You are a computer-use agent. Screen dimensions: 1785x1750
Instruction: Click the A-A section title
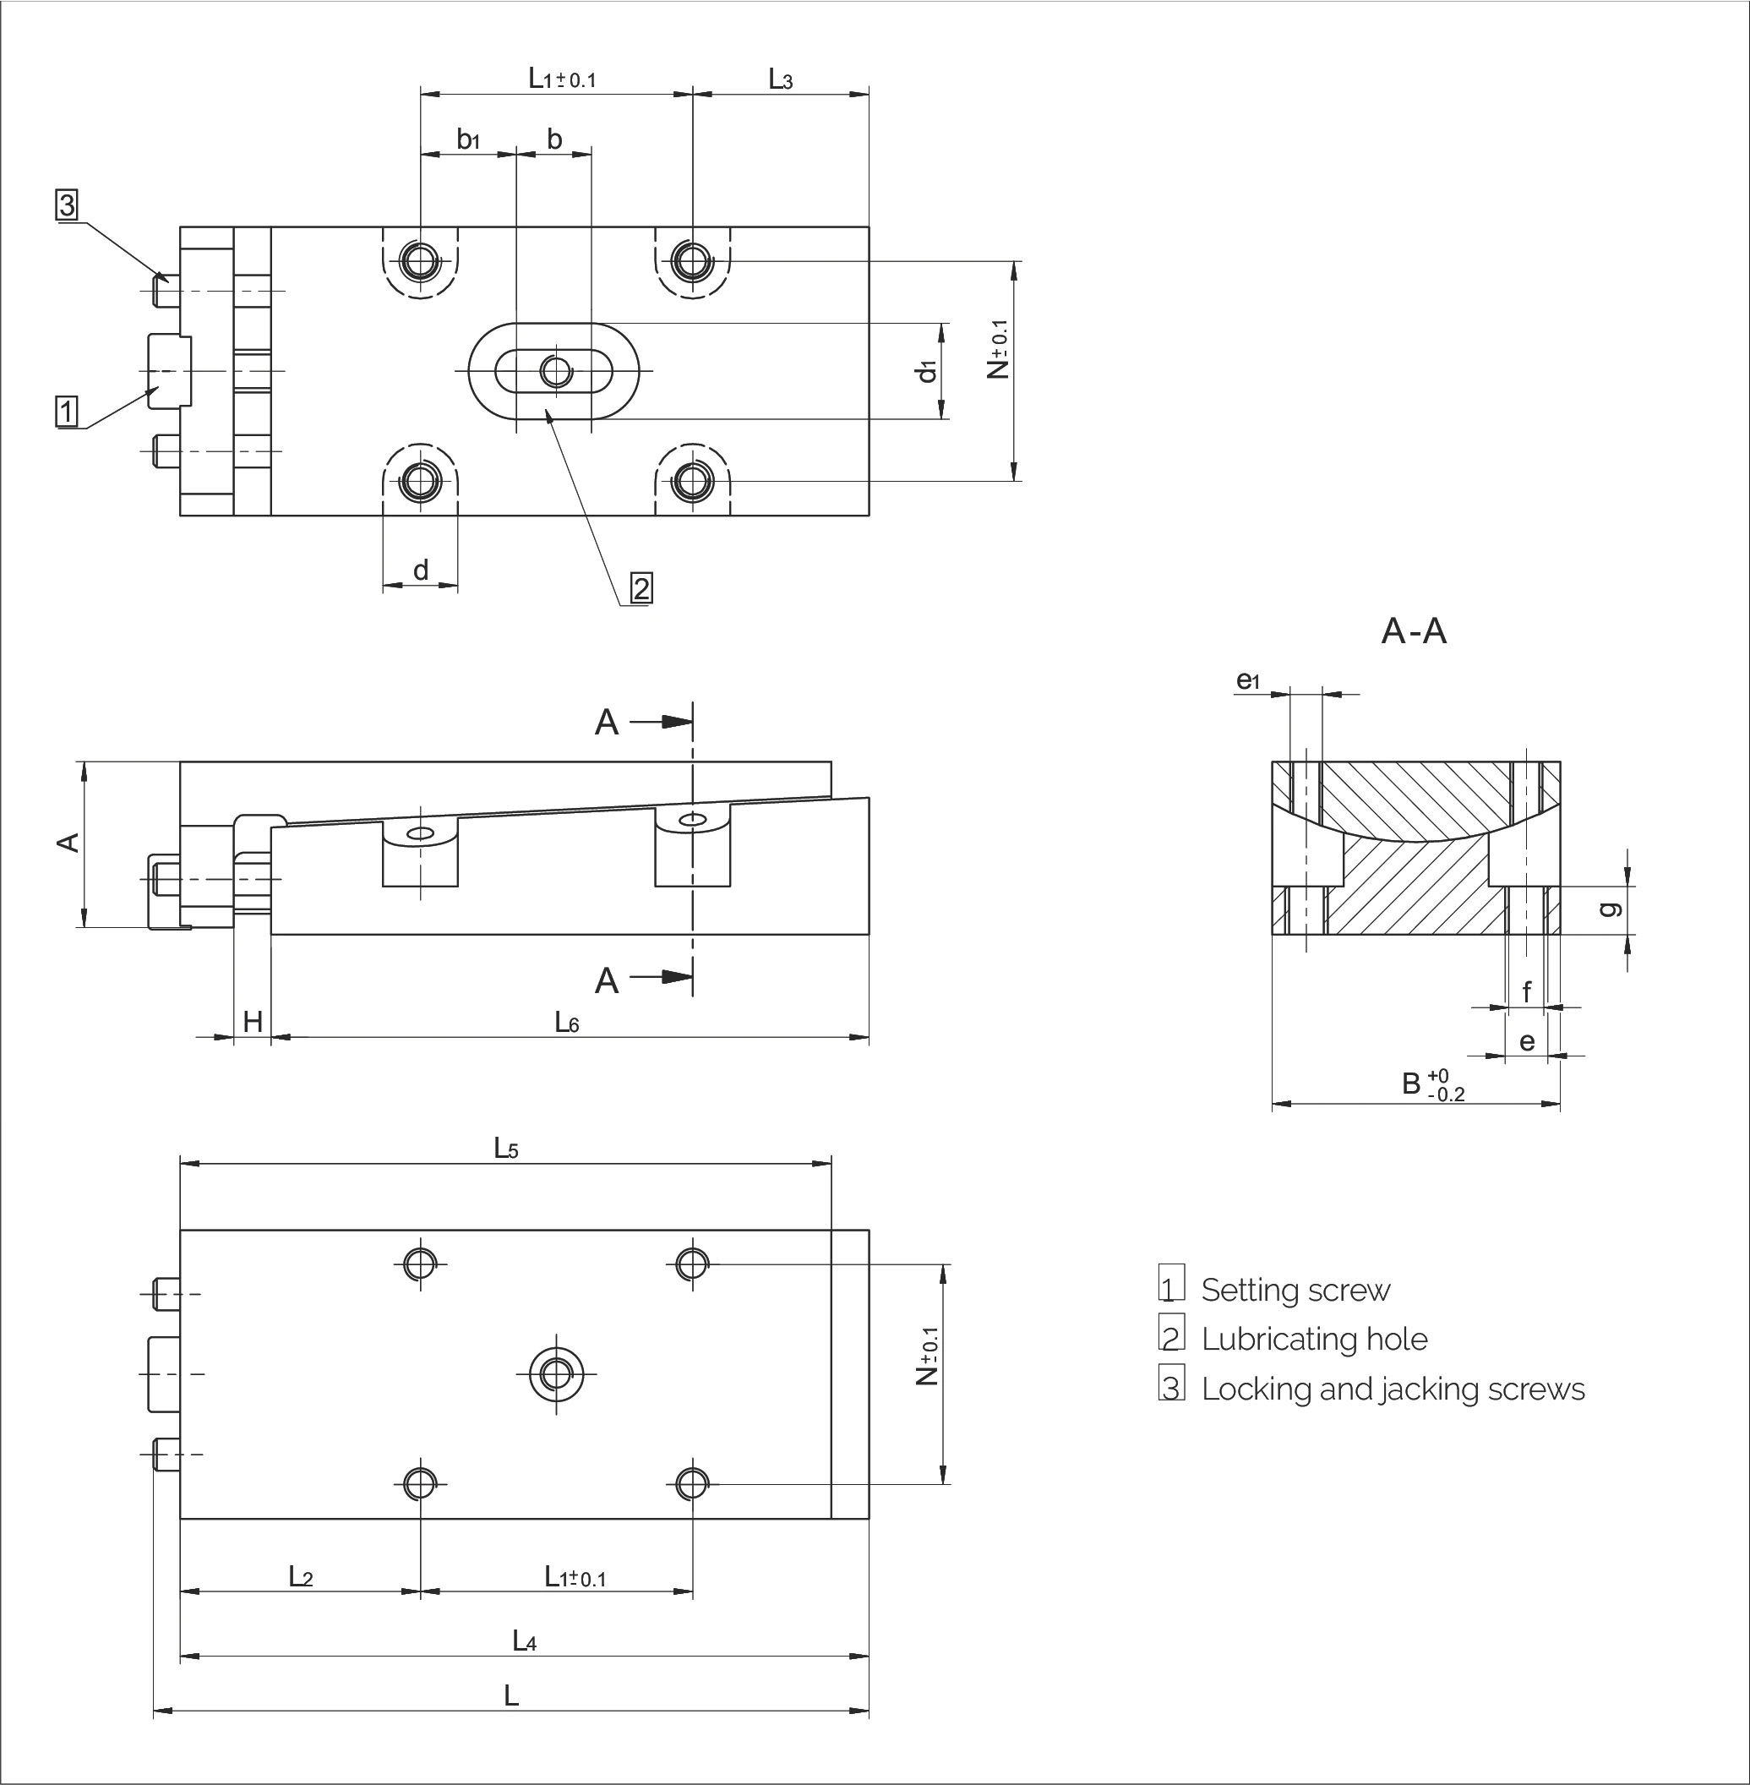1414,632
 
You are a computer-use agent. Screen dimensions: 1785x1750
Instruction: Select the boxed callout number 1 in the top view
67,411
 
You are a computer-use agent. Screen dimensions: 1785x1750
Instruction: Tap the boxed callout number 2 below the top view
641,587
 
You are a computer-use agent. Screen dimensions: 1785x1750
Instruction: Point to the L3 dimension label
780,80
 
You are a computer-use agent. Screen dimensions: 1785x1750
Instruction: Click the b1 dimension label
469,139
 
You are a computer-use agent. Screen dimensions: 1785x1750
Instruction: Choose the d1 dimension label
927,370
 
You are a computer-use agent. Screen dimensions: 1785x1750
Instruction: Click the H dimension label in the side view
253,1021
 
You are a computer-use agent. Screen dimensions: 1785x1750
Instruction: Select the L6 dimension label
567,1021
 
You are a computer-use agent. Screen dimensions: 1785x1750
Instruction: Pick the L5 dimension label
506,1148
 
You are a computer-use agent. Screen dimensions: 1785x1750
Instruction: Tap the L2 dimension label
301,1576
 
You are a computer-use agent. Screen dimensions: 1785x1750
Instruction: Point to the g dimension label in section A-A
1611,909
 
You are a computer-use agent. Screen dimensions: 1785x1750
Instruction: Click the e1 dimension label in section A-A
1247,680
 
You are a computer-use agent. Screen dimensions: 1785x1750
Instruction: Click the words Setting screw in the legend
1295,1291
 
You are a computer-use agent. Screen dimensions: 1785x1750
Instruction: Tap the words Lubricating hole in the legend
1314,1340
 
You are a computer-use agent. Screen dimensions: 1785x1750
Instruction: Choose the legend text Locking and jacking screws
1393,1389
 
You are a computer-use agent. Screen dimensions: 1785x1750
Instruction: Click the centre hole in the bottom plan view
556,1374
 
